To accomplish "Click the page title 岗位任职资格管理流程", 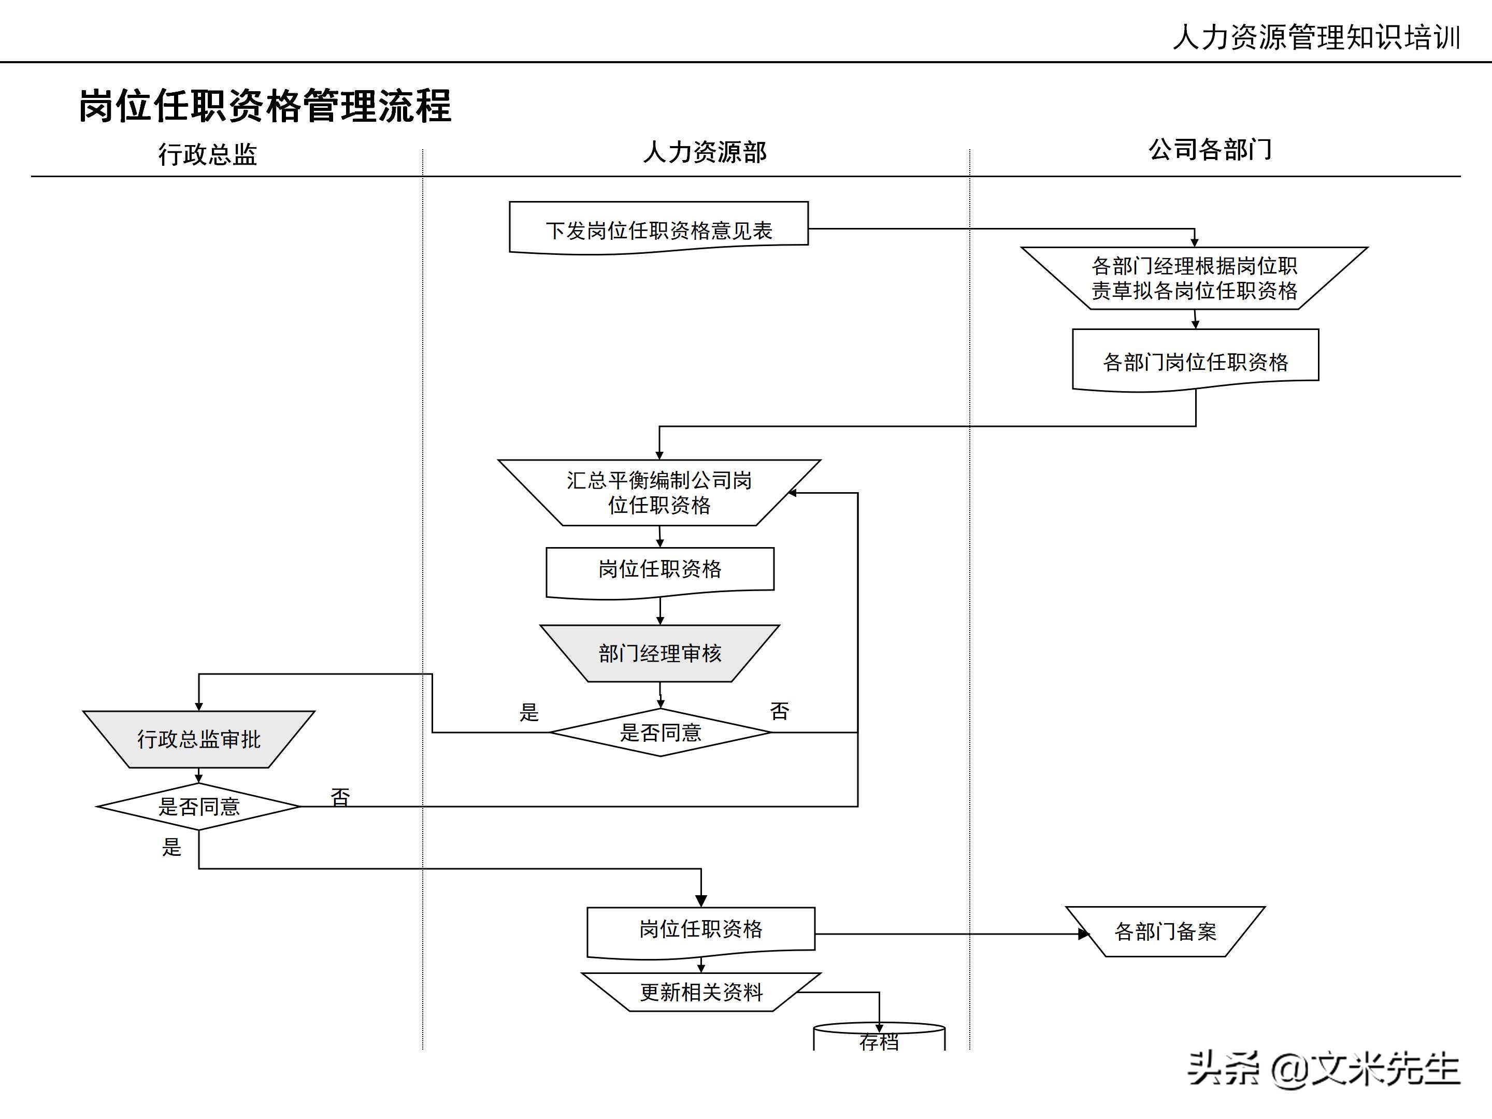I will (x=265, y=106).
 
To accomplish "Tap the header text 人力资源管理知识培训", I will (x=1316, y=37).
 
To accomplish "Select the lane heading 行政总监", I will (x=208, y=154).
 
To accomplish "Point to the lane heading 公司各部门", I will (x=1210, y=150).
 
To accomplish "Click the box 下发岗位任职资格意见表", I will (x=658, y=230).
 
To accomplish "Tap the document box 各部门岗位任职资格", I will (x=1195, y=362).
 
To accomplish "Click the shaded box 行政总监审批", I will (x=199, y=739).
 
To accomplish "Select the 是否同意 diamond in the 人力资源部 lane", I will (x=661, y=733).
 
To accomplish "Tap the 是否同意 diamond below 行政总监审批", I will (x=199, y=807).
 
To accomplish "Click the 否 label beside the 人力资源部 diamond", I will (x=779, y=711).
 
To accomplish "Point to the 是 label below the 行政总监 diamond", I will (x=172, y=847).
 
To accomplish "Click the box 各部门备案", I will (x=1166, y=932).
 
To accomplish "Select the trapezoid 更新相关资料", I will (x=701, y=992).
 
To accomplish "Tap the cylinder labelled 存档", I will (x=879, y=1039).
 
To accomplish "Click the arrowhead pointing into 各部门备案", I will (x=1083, y=934).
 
